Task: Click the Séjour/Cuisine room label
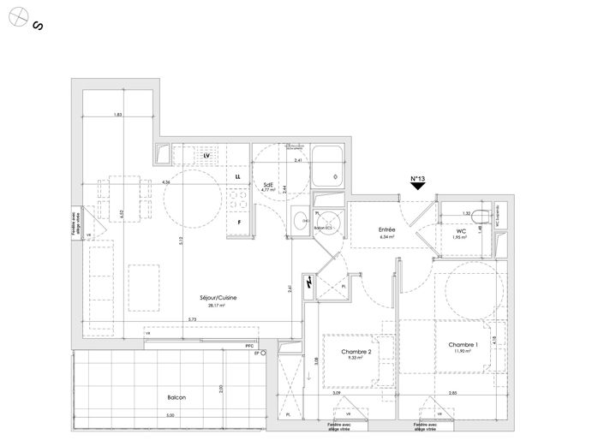215,297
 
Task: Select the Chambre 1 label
463,344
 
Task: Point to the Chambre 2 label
356,352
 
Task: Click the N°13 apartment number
417,180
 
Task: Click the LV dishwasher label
206,155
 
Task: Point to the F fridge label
239,223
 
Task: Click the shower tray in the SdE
327,168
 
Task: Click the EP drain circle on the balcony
264,353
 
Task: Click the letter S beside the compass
38,27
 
